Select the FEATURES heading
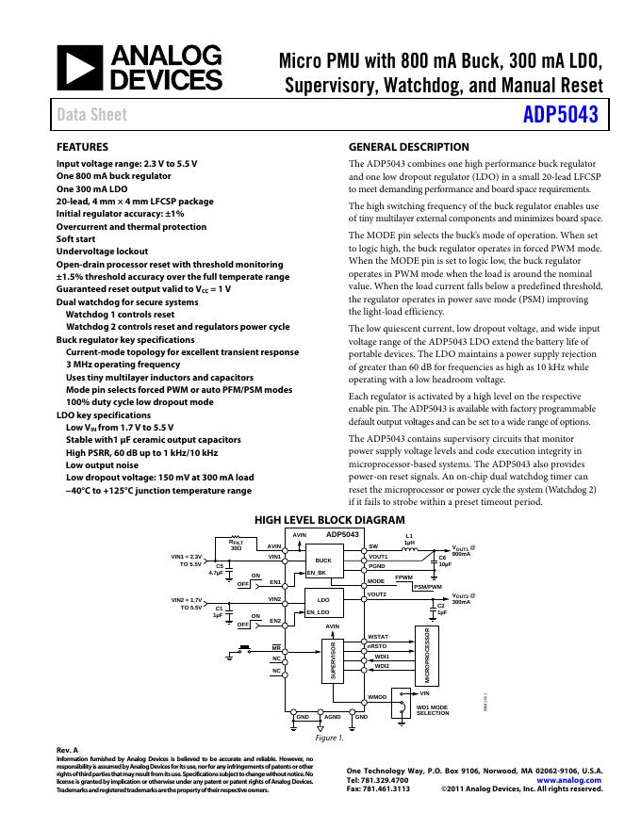82,147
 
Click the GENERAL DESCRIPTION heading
408,147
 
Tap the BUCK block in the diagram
323,561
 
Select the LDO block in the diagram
323,599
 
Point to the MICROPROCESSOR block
427,656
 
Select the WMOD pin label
377,697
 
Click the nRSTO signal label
377,646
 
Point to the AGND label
332,717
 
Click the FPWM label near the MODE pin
403,577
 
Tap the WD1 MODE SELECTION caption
433,710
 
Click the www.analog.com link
569,780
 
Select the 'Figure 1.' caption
328,738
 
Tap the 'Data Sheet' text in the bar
91,115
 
